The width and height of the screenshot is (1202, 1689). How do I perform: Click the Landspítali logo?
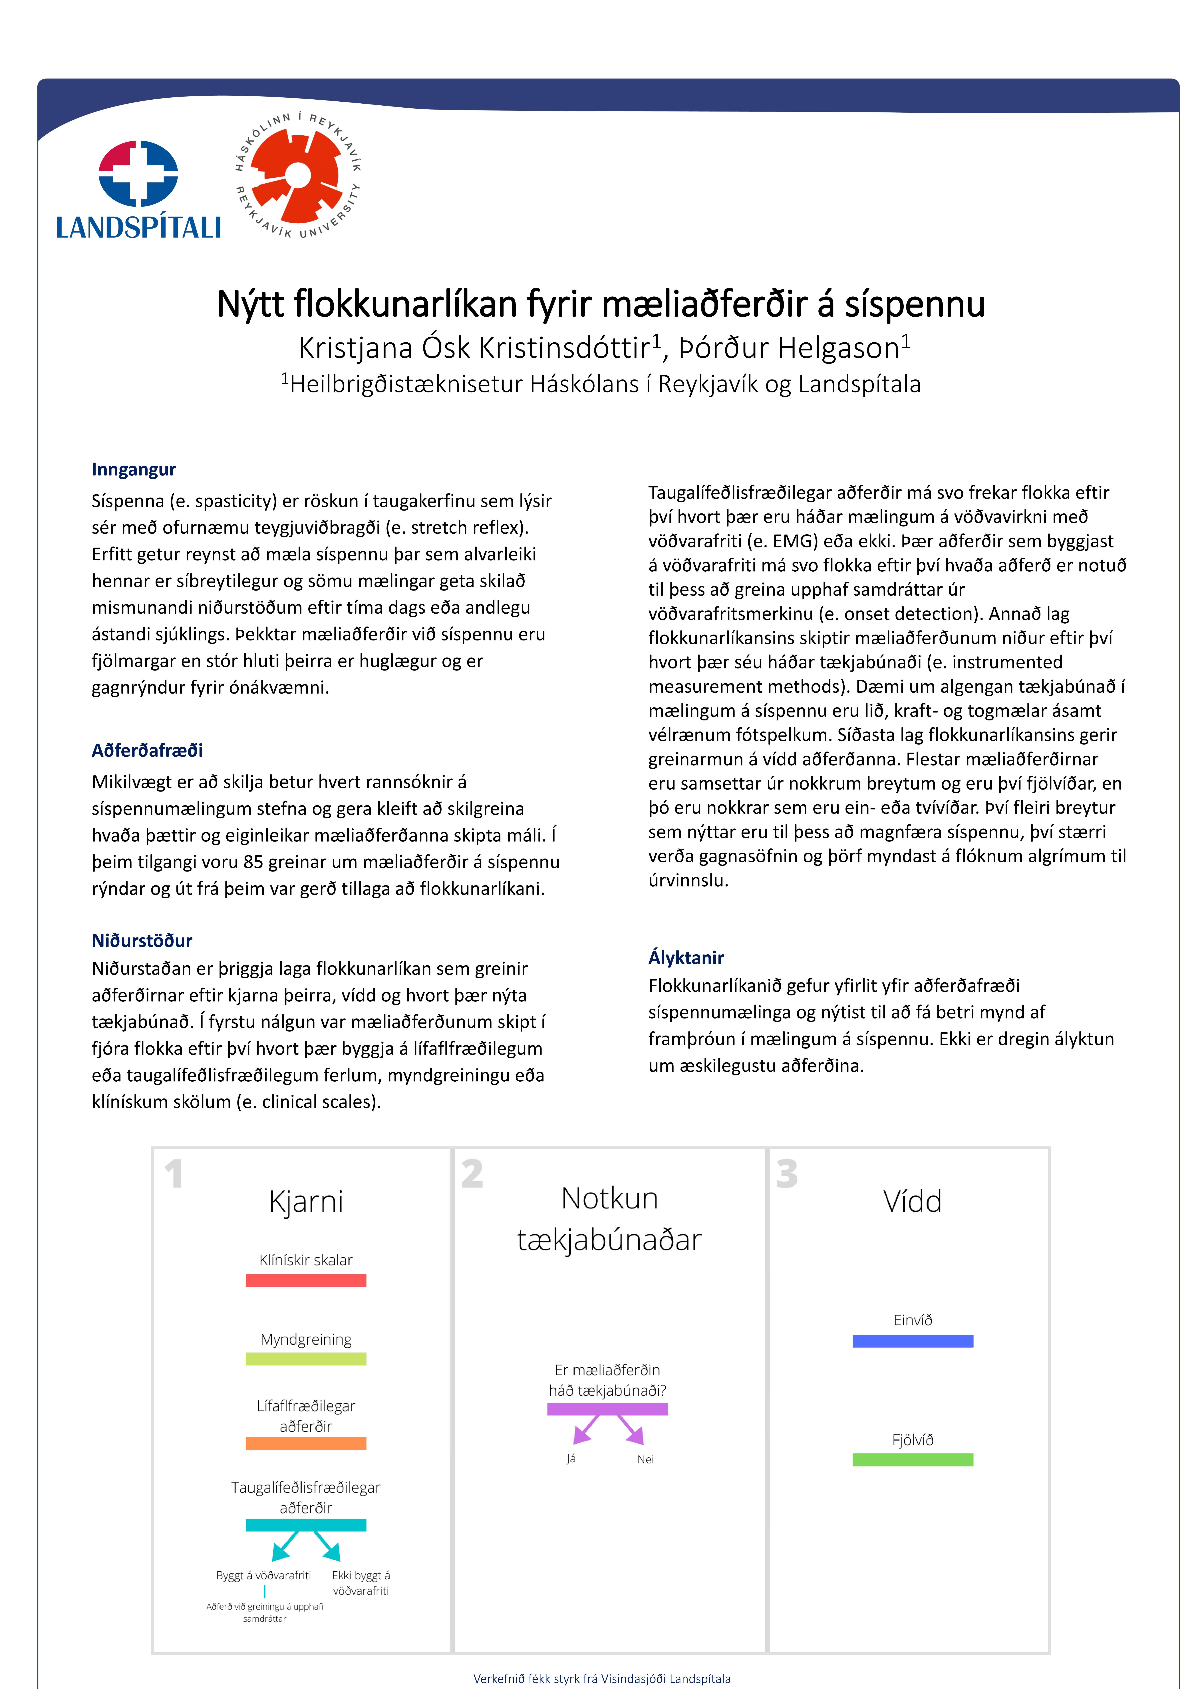click(138, 190)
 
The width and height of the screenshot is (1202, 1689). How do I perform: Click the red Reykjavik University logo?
click(297, 175)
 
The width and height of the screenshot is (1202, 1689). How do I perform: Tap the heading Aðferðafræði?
click(147, 750)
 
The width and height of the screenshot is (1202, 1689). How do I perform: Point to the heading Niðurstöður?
click(141, 941)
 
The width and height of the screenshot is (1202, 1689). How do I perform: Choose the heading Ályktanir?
click(685, 958)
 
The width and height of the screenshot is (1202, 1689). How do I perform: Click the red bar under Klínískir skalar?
click(306, 1280)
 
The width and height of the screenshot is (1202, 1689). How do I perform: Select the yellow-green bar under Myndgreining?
click(306, 1359)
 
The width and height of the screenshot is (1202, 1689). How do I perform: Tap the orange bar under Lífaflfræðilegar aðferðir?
click(306, 1443)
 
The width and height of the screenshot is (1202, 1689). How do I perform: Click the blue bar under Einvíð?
click(913, 1341)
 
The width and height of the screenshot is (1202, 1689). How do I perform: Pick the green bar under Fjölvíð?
click(913, 1460)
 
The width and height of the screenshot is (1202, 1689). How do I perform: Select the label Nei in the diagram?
click(645, 1460)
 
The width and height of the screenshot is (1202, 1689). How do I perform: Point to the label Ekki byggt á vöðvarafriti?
click(361, 1583)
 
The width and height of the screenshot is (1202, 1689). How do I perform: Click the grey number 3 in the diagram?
click(787, 1175)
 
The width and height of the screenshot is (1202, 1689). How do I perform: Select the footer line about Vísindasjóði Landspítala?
click(602, 1679)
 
